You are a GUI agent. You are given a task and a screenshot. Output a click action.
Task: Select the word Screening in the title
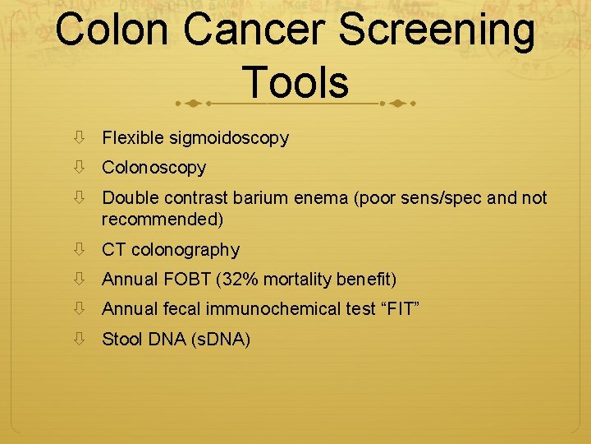tap(437, 30)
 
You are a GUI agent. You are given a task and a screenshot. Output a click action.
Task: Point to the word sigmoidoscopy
tap(229, 138)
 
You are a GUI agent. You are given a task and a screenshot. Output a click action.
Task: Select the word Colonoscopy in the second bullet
tap(153, 168)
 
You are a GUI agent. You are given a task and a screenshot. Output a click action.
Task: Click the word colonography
tap(185, 250)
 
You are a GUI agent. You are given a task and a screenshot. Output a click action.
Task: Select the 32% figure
tap(238, 280)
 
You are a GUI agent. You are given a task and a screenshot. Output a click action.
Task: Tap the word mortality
tap(299, 280)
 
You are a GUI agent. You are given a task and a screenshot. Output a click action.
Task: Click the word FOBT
tap(186, 280)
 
